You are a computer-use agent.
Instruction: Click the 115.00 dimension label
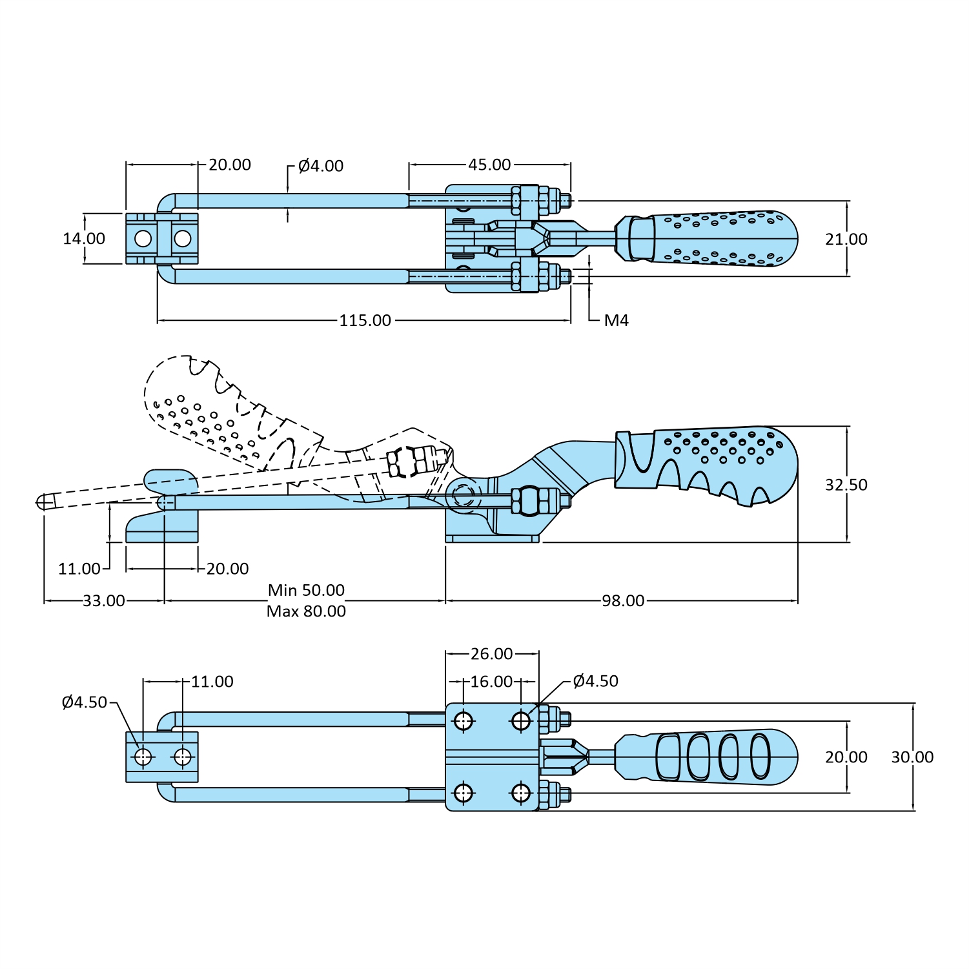(365, 320)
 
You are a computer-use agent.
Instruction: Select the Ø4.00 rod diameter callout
(321, 166)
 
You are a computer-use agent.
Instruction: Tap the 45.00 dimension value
(489, 165)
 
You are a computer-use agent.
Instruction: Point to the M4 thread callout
(616, 320)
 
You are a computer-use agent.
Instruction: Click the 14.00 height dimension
(84, 239)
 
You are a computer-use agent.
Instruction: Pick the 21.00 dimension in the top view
(846, 240)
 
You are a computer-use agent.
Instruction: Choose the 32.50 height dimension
(846, 485)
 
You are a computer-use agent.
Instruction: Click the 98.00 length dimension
(623, 601)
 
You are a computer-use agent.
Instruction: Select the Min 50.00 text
(306, 590)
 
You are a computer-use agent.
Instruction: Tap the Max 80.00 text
(306, 611)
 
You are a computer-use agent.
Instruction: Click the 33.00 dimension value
(104, 601)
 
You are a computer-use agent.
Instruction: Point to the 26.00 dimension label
(491, 654)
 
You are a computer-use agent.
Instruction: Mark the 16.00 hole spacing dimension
(491, 682)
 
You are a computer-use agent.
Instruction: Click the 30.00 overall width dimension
(912, 757)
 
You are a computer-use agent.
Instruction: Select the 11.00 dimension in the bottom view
(212, 682)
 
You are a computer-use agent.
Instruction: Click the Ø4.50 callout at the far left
(85, 702)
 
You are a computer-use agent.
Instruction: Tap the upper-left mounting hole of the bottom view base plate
(464, 720)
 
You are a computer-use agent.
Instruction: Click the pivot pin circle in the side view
(462, 495)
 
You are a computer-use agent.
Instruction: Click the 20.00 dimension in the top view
(229, 165)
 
